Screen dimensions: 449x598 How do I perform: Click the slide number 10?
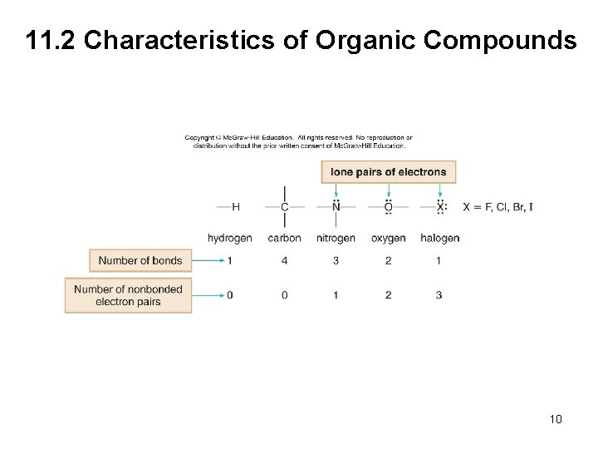coord(556,419)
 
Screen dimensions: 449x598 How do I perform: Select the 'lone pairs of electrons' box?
coord(389,172)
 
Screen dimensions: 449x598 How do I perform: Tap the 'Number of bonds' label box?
coord(140,260)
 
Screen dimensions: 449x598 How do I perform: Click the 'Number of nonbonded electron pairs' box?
coord(128,295)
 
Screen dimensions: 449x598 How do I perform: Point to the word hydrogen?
coord(230,238)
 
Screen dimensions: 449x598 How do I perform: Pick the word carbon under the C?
coord(285,238)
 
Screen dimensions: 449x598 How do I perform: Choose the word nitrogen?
coord(336,238)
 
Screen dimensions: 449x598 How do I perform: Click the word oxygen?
coord(388,238)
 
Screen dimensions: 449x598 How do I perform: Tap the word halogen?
coord(439,238)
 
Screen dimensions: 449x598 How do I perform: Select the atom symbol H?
coord(236,207)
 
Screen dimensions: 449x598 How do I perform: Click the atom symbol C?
coord(285,207)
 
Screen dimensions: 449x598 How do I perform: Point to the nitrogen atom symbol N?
coord(336,207)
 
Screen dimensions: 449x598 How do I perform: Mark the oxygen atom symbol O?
coord(388,207)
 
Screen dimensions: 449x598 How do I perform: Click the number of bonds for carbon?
coord(285,261)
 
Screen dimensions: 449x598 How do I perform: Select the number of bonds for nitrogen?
coord(336,261)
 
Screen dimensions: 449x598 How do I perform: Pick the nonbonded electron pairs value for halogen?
coord(439,295)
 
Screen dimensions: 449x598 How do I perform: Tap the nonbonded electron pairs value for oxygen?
coord(388,295)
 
